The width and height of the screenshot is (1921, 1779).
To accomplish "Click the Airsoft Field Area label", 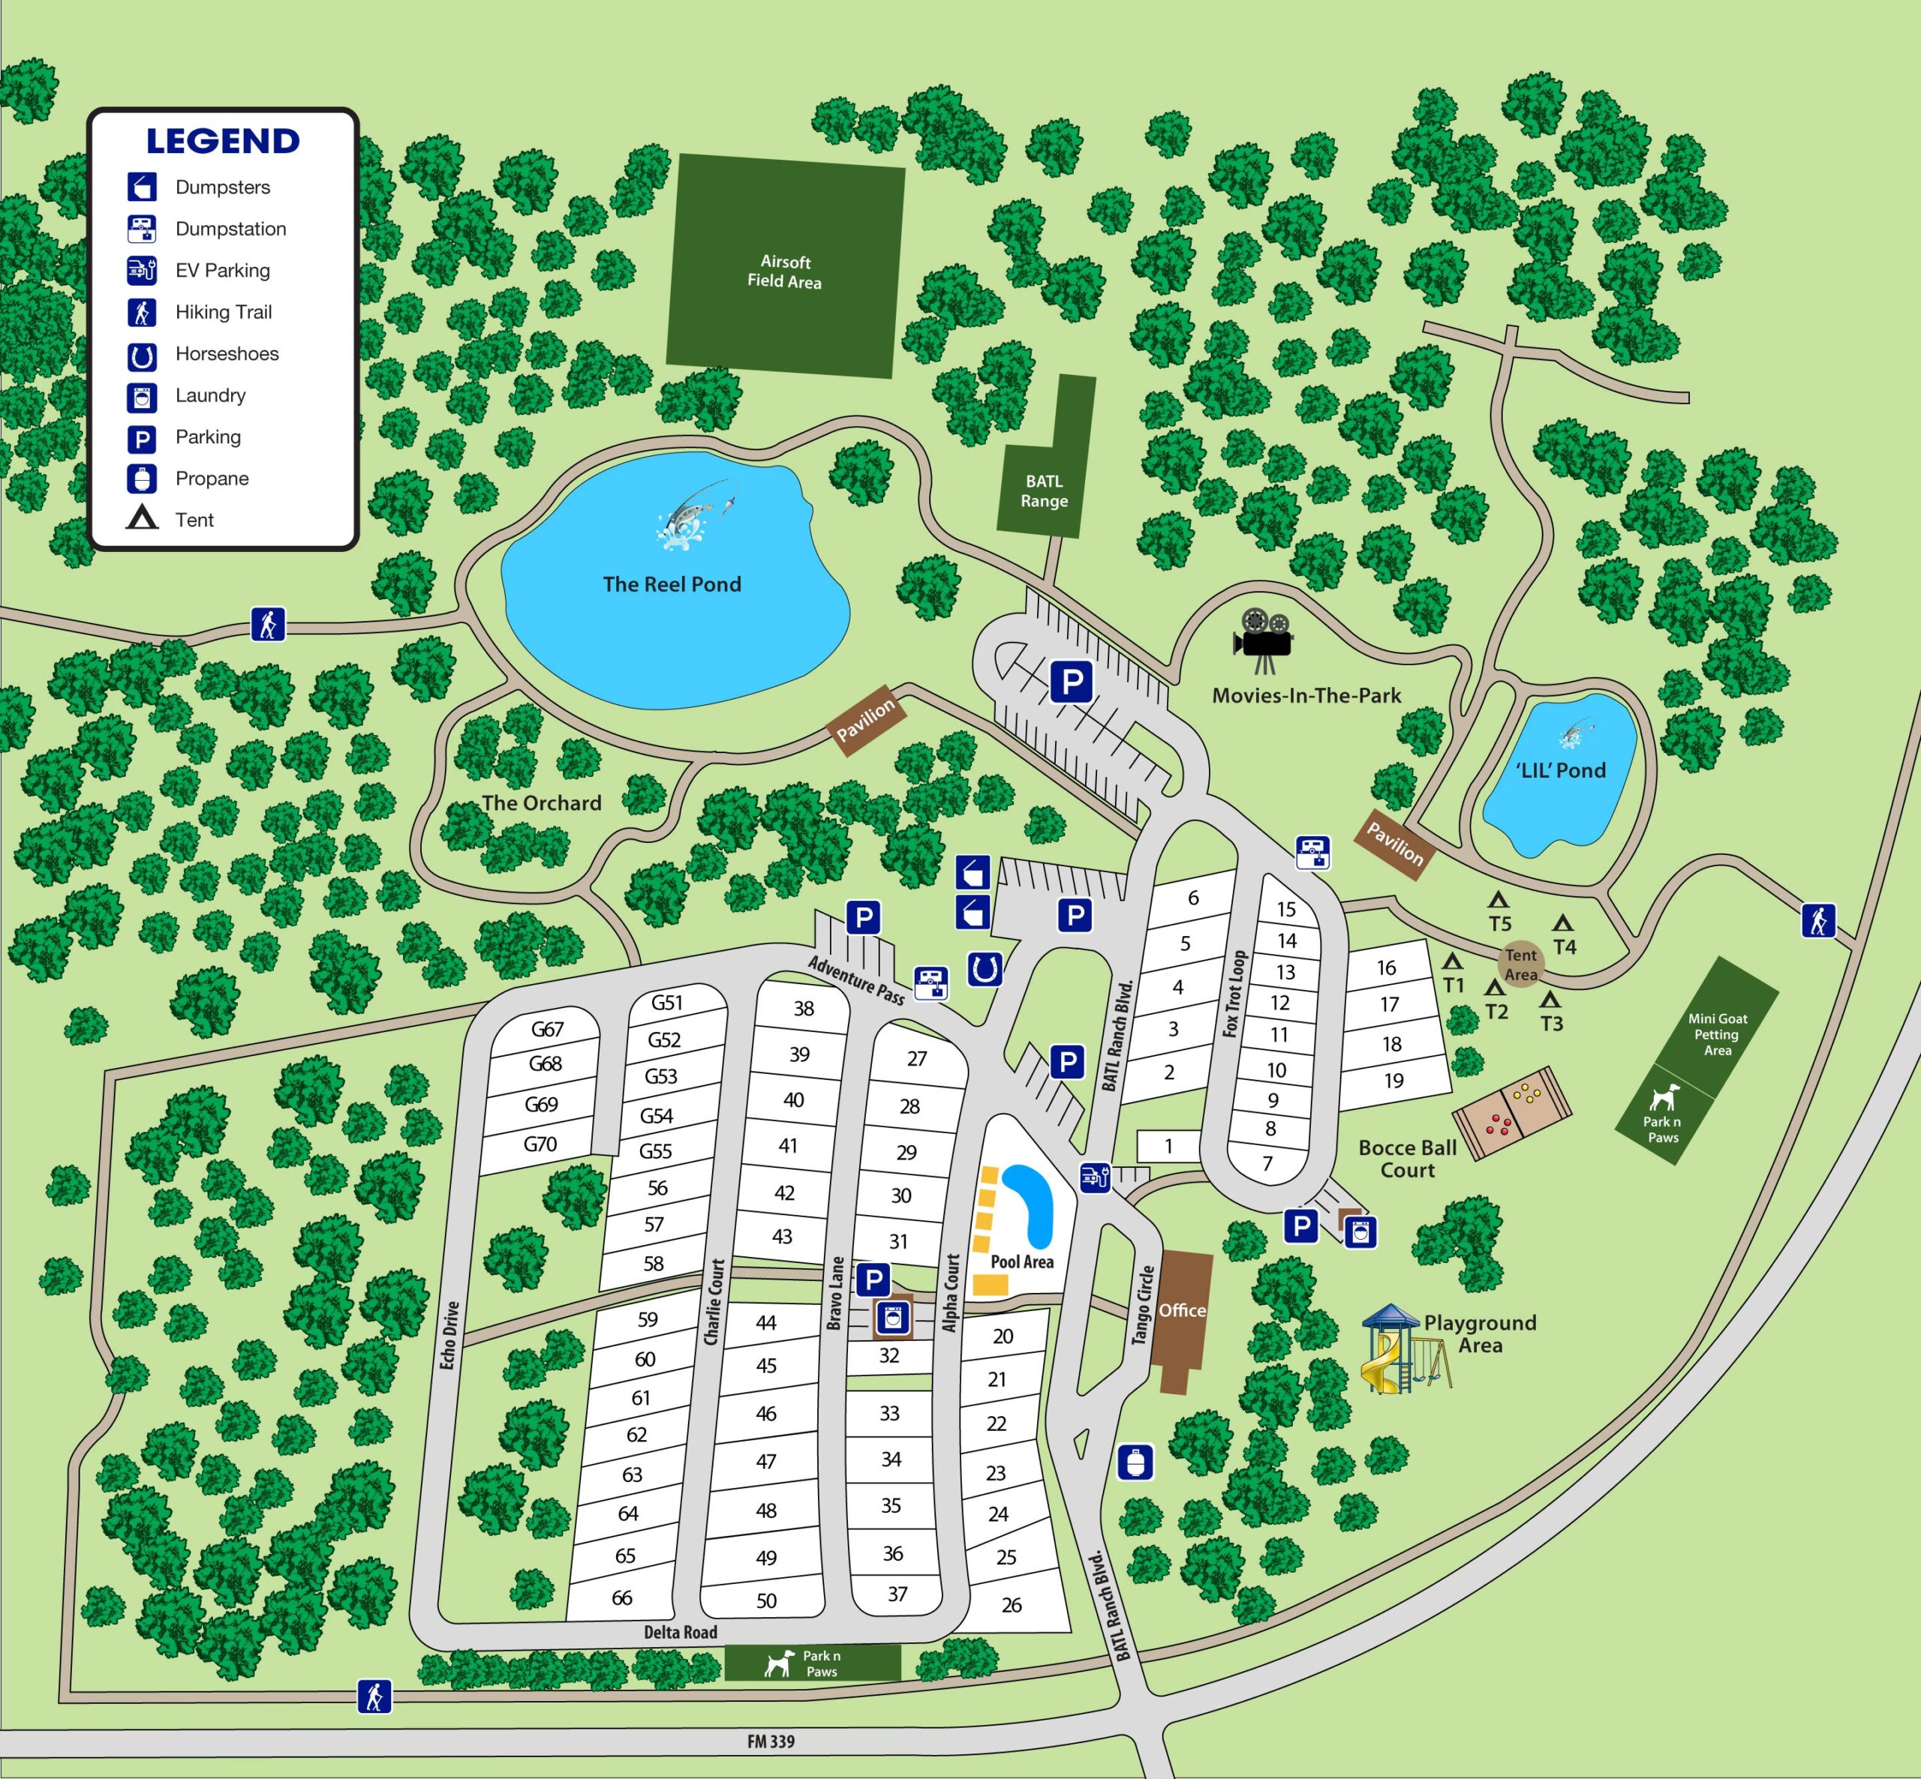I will (x=784, y=271).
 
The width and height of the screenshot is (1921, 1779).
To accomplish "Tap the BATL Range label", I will (x=1044, y=491).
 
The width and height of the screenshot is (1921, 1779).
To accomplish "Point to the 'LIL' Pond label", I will (x=1560, y=770).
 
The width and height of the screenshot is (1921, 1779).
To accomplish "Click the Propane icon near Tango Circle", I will (x=1135, y=1462).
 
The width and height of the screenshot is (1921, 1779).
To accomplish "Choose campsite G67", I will (x=547, y=1029).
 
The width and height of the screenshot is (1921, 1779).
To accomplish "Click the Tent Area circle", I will (x=1520, y=964).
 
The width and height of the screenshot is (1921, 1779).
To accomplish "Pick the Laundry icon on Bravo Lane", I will (x=893, y=1318).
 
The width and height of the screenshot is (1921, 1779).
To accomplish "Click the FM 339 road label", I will (x=771, y=1741).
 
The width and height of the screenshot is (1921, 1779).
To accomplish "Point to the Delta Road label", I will (x=680, y=1632).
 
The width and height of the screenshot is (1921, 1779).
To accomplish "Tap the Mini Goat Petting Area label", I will (x=1717, y=1034).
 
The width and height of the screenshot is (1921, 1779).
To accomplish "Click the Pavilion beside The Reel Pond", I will (x=864, y=721).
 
